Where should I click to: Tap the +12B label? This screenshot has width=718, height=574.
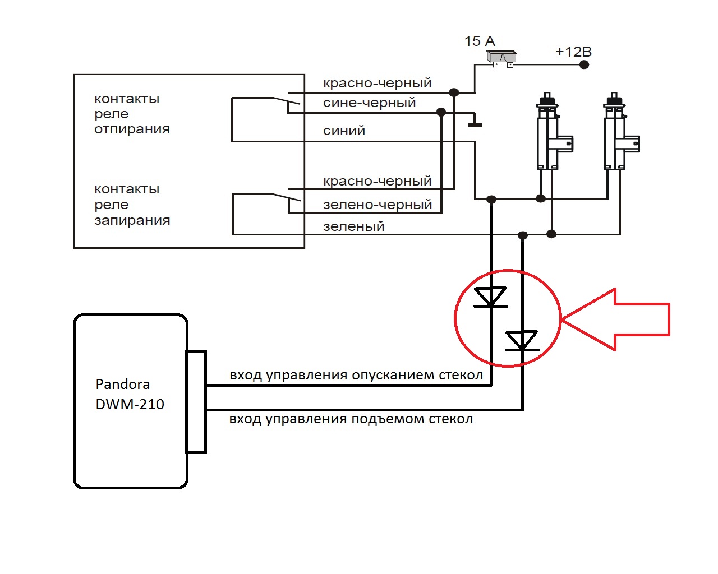(573, 52)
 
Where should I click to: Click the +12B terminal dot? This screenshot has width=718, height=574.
(584, 64)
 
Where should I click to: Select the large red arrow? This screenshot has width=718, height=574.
(617, 320)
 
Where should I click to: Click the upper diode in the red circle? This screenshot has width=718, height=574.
(491, 297)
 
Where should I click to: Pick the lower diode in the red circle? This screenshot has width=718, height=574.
(522, 341)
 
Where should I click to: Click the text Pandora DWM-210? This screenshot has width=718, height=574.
(130, 394)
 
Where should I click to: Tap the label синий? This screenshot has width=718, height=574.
(344, 131)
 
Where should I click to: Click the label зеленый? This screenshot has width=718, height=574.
(353, 226)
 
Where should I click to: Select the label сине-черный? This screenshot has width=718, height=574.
(369, 103)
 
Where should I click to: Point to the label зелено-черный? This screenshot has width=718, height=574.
(378, 205)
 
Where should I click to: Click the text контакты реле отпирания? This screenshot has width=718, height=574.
(132, 114)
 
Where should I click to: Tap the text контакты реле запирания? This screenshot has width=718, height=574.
(132, 205)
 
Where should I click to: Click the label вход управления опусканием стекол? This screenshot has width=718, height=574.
(356, 375)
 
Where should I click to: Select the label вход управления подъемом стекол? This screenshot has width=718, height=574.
(351, 419)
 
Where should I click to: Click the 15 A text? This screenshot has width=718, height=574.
(480, 41)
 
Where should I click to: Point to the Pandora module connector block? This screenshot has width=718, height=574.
(196, 402)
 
